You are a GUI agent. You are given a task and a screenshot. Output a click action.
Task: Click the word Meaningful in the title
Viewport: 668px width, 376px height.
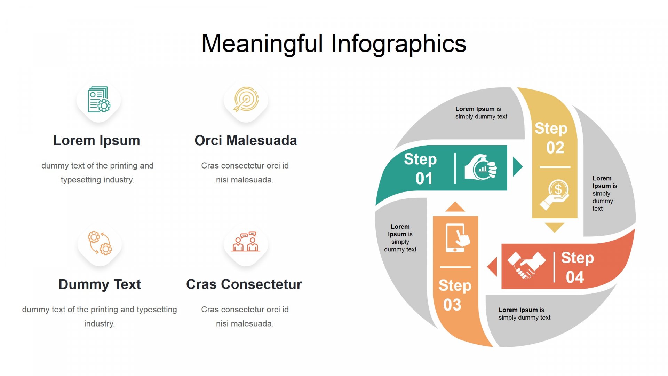point(263,44)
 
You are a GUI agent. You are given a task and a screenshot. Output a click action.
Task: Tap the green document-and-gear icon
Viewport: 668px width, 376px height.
point(99,100)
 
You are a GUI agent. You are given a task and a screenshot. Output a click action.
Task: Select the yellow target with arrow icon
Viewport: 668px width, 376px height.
point(246,99)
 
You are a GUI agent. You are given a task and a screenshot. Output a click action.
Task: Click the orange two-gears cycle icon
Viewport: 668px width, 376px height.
point(100,243)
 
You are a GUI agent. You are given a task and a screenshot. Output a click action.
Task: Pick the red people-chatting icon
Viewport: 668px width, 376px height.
point(246,242)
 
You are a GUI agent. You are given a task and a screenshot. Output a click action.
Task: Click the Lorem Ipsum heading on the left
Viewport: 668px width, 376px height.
point(97,141)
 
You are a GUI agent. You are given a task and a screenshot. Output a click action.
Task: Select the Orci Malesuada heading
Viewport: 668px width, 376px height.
point(246,141)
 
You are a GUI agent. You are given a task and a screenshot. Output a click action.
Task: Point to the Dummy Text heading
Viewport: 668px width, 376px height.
point(100,284)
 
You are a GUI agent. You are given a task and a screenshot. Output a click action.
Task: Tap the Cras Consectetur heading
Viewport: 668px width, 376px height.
point(244,284)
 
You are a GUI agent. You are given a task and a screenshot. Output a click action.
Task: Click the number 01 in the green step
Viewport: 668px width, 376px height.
point(424,179)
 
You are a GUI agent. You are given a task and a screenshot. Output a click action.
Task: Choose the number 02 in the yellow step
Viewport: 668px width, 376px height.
point(555,148)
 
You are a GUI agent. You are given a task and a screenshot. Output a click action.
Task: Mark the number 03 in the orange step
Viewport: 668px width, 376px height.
point(452,305)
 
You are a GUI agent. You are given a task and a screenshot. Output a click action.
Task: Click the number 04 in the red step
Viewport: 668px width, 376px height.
point(575,277)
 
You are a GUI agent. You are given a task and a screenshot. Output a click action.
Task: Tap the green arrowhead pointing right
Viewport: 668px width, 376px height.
point(517,166)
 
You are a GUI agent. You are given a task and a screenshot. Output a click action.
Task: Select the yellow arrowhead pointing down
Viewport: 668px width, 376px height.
point(555,228)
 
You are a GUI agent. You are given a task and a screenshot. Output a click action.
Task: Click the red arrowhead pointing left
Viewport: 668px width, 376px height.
point(493,267)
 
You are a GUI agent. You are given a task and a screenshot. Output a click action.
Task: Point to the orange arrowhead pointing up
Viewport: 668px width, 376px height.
point(455,207)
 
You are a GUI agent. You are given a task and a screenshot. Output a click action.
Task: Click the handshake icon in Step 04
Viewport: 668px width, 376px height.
point(526,265)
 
